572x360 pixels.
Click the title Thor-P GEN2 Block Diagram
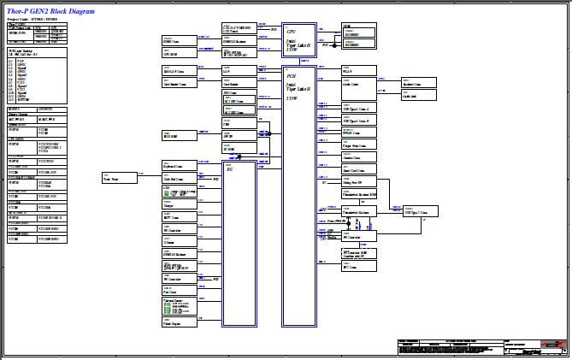(50, 9)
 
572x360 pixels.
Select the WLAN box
(357, 71)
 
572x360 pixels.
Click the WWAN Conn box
(357, 133)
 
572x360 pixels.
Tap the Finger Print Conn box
(357, 146)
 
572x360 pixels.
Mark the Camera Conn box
(357, 158)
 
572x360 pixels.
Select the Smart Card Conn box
(357, 170)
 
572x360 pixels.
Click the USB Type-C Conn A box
(357, 109)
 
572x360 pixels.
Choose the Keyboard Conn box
(177, 165)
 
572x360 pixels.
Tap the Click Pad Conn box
(177, 179)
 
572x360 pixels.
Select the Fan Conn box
(177, 291)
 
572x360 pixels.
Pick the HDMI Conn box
(177, 40)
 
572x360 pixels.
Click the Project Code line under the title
(32, 17)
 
